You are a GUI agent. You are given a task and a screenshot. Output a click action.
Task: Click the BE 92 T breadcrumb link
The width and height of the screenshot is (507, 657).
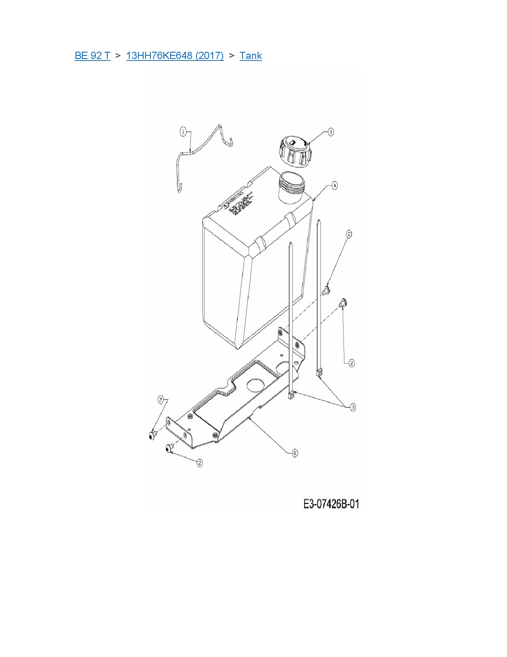[92, 56]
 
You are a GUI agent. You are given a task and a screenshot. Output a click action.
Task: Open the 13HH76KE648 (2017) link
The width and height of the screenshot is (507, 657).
[175, 56]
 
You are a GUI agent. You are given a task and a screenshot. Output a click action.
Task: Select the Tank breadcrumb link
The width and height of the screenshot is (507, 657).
[251, 56]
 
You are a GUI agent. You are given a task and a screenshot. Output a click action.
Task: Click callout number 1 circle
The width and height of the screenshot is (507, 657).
[183, 131]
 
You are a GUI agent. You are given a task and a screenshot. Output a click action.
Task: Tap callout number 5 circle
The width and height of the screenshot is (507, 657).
[330, 132]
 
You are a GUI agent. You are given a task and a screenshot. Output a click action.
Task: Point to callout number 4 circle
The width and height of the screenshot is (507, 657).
[334, 186]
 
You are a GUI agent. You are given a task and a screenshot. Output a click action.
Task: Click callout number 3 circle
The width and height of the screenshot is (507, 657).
[353, 407]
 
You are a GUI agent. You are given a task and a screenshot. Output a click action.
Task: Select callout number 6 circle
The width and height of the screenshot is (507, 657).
[294, 453]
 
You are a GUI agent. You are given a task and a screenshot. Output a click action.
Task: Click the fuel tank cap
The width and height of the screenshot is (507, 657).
[295, 152]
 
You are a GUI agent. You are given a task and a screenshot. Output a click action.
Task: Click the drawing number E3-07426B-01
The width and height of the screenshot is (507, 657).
[331, 504]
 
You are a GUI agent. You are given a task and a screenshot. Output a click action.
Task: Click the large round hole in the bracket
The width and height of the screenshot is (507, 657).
[255, 384]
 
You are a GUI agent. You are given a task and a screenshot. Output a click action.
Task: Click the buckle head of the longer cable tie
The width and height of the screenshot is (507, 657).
[319, 373]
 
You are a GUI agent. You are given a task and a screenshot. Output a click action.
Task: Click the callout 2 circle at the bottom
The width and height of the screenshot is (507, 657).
[200, 462]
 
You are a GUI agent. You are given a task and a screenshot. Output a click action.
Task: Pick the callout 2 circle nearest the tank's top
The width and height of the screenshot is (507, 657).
[349, 234]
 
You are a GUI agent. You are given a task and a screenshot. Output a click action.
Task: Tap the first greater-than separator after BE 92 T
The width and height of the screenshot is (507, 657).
[118, 56]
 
